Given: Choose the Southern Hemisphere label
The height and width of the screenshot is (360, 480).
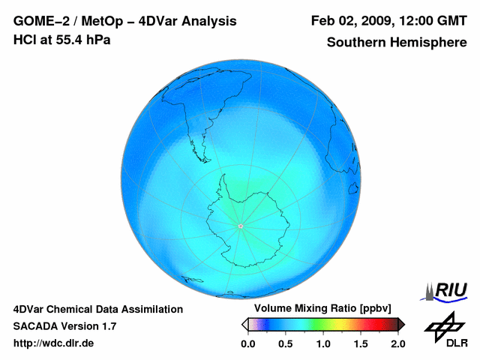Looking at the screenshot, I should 396,42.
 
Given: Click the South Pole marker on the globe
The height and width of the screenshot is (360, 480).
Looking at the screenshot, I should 240,226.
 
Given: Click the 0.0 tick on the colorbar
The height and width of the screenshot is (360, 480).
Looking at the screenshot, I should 248,343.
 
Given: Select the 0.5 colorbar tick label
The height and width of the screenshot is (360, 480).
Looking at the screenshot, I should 286,343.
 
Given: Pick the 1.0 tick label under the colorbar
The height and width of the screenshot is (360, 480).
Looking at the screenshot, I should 323,343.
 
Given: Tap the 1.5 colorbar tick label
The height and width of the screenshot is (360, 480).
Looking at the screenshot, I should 361,343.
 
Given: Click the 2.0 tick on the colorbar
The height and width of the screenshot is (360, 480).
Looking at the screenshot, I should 397,343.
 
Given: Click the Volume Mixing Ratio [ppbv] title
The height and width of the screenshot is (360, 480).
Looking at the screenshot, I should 319,308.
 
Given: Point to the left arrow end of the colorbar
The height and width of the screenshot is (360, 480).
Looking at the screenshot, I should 244,324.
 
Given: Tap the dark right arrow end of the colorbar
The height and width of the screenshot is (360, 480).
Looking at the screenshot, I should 401,324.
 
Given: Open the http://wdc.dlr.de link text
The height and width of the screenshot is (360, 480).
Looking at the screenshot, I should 54,343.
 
